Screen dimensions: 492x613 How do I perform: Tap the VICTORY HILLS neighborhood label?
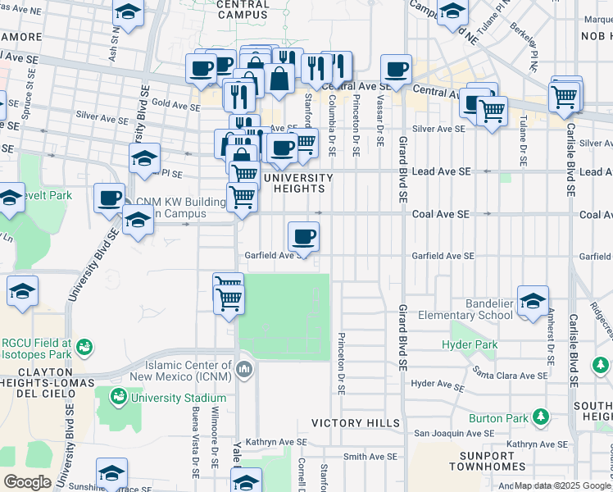point(356,423)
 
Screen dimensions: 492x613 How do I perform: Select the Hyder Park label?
point(469,345)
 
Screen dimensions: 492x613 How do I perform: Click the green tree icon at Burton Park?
point(540,417)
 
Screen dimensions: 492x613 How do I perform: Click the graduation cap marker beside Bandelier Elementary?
point(533,300)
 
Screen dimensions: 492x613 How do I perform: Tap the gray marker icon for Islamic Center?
point(243,371)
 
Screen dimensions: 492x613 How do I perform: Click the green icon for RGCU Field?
point(84,349)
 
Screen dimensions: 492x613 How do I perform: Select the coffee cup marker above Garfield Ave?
point(303,237)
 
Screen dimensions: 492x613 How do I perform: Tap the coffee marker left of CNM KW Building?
point(109,198)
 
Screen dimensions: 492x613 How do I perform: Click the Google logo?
point(26,482)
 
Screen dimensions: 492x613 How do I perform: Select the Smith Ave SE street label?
point(370,456)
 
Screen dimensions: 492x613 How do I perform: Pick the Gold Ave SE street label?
point(171,103)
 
